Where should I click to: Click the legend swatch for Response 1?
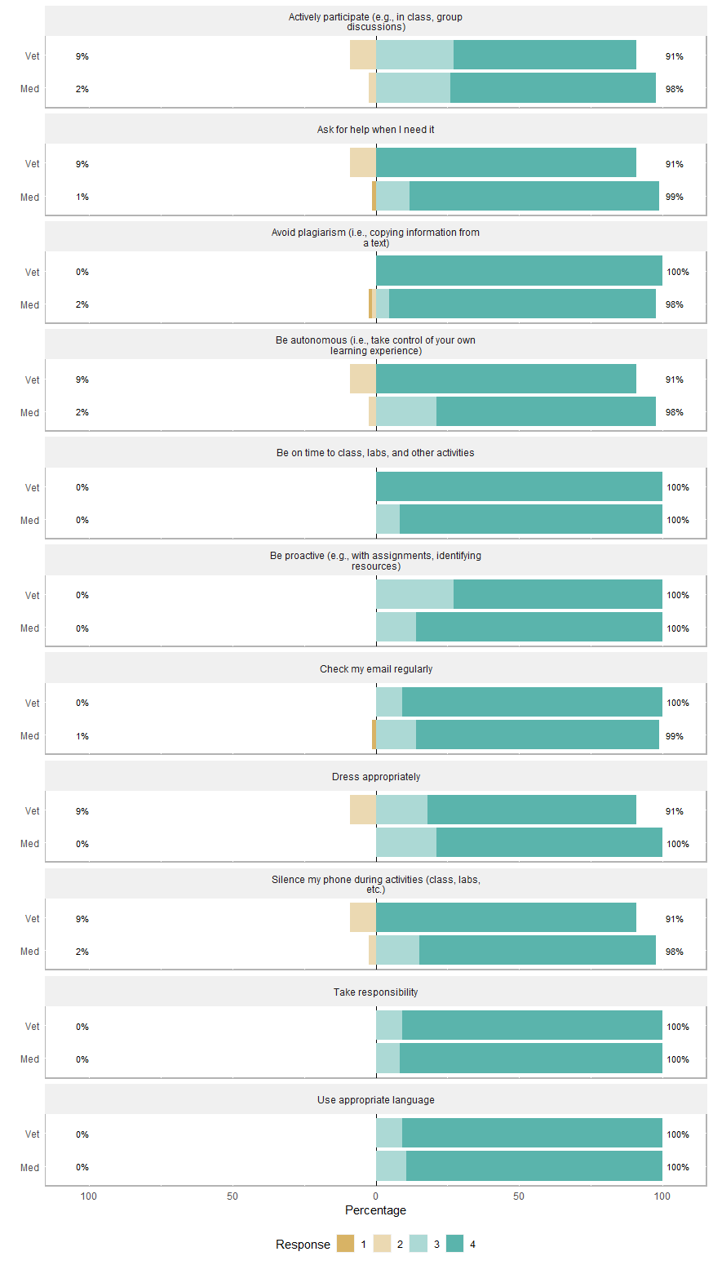(345, 1244)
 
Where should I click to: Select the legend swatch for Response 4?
(454, 1244)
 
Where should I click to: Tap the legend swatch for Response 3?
(418, 1244)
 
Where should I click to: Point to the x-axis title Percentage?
(375, 1210)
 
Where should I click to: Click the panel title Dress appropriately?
(375, 776)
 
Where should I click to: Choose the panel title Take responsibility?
(375, 992)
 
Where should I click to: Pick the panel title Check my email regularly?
(375, 668)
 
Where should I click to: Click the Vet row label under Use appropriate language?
(32, 1134)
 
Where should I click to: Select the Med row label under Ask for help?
(30, 197)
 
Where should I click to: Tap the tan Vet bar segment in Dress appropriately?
(363, 810)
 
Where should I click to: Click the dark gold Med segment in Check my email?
(374, 735)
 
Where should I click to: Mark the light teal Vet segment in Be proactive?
(414, 594)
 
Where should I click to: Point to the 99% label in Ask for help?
(674, 197)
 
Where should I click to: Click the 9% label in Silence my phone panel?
(82, 918)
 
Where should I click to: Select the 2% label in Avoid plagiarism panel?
(82, 304)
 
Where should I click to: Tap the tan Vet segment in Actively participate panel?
(363, 55)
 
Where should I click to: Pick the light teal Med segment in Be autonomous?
(406, 411)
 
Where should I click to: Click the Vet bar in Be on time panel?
(519, 486)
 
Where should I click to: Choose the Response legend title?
(303, 1244)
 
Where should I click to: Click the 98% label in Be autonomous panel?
(674, 412)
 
